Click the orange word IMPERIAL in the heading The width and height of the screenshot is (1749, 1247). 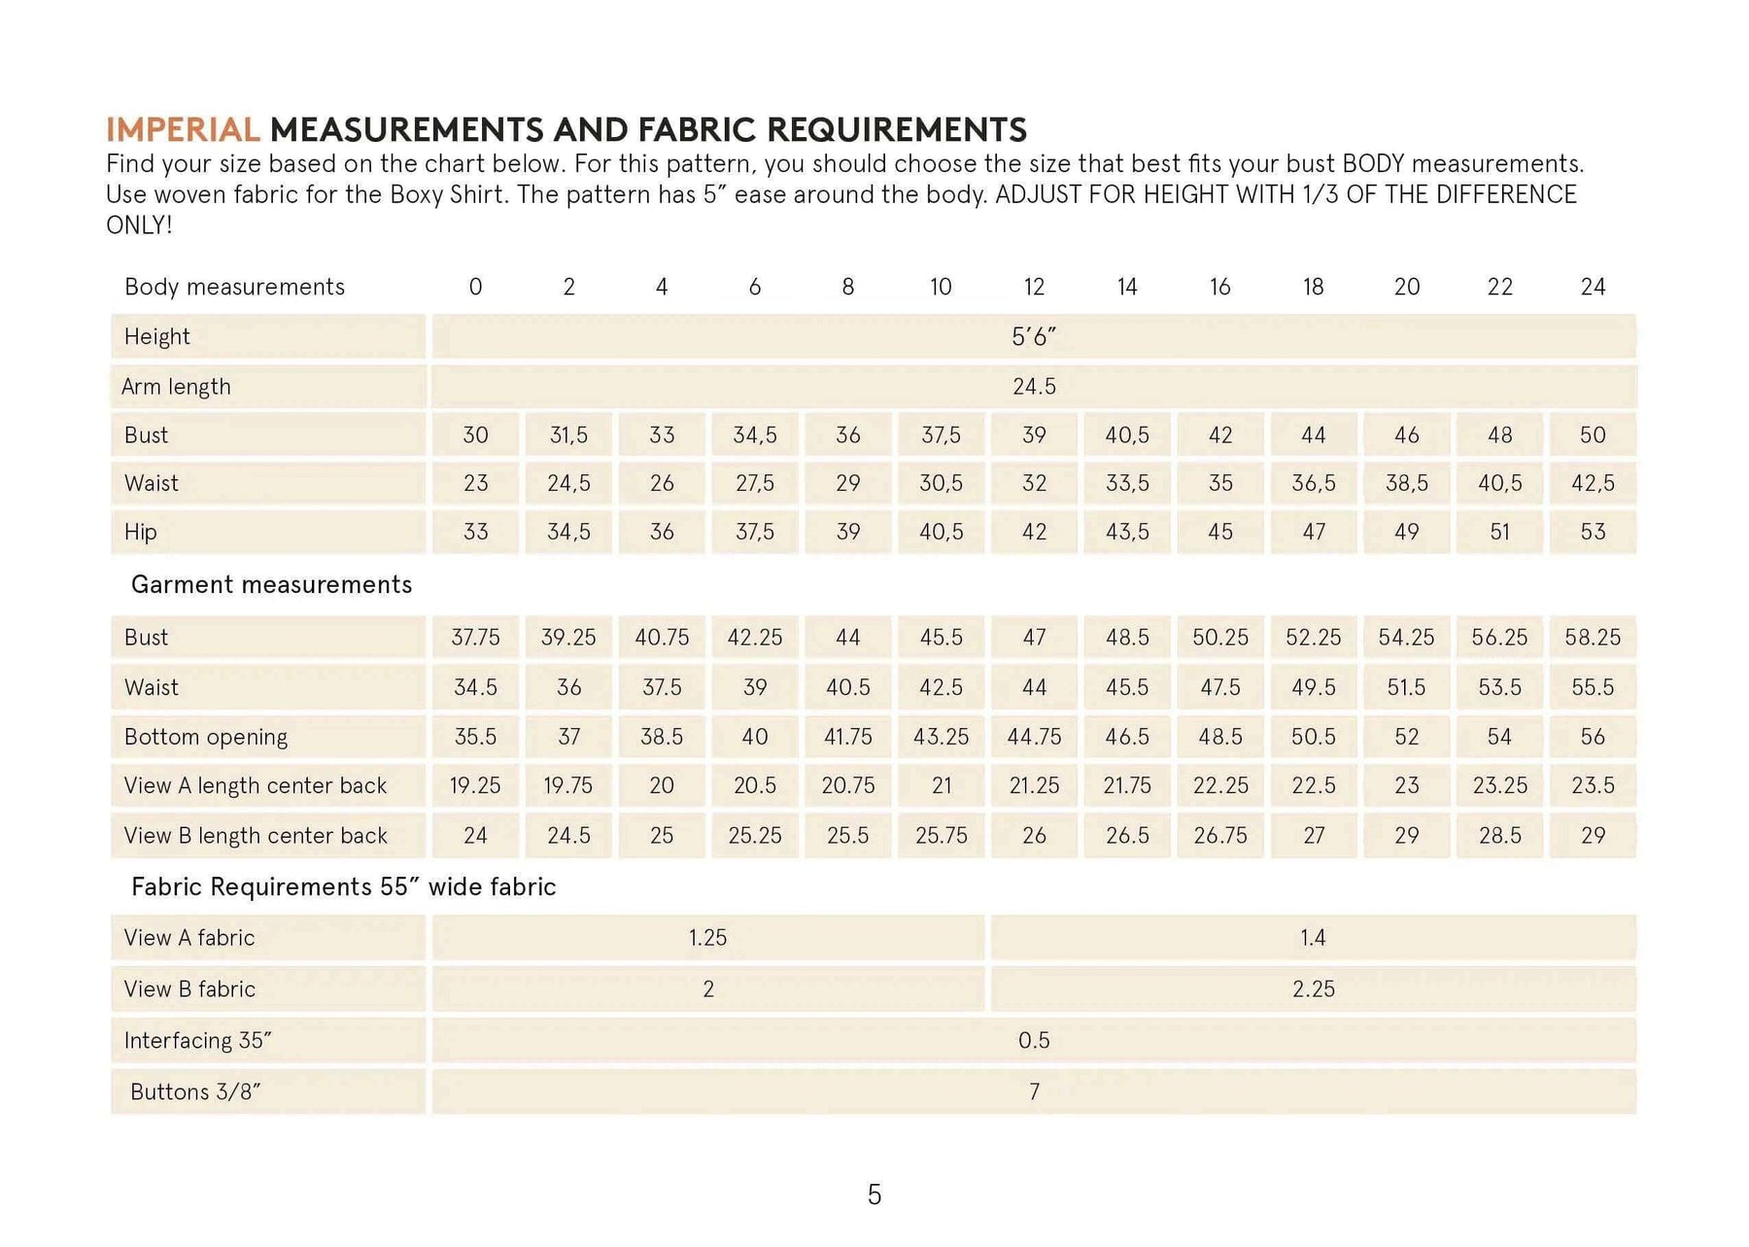[183, 129]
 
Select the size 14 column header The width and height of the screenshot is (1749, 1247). [1127, 287]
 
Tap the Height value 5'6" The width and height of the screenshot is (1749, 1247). [1033, 337]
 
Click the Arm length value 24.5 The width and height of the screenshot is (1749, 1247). [1033, 387]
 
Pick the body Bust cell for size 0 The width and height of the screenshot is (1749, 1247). [475, 435]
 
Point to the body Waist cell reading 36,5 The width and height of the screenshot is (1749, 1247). [1313, 483]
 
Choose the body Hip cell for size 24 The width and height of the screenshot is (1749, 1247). [1593, 532]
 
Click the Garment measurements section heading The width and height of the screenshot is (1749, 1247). [271, 584]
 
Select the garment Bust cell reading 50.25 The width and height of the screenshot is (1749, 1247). [1220, 638]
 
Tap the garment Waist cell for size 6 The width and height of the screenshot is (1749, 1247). [755, 687]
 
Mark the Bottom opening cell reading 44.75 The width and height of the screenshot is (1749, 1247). [1034, 737]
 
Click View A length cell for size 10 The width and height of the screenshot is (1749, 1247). [942, 785]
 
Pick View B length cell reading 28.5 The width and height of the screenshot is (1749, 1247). [1499, 836]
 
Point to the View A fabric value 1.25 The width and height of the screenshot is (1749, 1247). [707, 938]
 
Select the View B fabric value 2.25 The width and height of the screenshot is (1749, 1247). [1313, 989]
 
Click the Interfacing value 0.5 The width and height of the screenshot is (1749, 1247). [1033, 1041]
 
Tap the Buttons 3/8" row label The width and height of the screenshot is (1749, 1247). [195, 1092]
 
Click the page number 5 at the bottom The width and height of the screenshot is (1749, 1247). [874, 1195]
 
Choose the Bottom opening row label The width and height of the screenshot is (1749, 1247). [206, 737]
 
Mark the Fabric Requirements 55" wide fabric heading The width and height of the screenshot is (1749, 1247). [343, 887]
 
